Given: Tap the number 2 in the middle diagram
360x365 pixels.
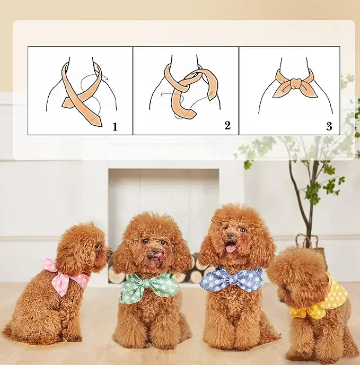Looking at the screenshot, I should [x=227, y=125].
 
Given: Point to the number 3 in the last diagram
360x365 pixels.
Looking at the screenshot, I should [x=329, y=126].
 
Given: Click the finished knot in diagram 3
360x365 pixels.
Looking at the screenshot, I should [x=295, y=85].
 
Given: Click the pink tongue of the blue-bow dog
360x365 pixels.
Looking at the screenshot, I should [x=231, y=247].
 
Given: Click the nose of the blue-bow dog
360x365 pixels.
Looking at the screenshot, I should [x=230, y=236].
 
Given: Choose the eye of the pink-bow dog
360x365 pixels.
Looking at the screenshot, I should [x=97, y=246].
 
